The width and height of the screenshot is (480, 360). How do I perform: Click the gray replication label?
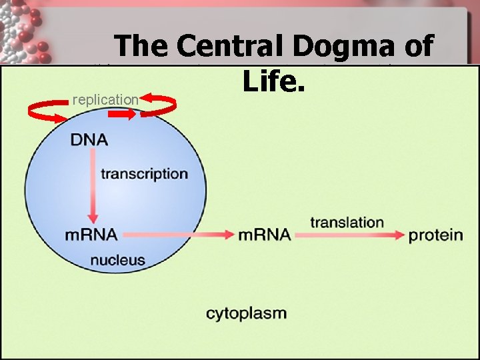coord(105,100)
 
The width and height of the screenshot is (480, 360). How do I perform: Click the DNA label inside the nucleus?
coord(89,140)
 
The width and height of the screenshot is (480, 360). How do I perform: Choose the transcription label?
coord(144,174)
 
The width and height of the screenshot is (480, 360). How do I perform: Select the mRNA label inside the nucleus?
coord(91,235)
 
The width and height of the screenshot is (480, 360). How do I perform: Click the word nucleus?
coord(117,260)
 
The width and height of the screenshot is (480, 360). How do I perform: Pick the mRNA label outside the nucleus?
coord(264,235)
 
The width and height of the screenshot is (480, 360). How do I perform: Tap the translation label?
coord(347,222)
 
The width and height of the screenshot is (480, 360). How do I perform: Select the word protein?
coord(435,235)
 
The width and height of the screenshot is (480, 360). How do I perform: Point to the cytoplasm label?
coord(246,313)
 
